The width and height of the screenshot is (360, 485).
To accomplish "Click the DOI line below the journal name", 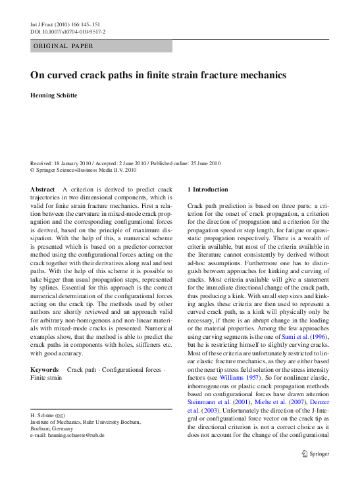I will (68, 32).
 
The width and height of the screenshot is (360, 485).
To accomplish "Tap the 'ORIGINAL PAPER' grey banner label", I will (63, 46).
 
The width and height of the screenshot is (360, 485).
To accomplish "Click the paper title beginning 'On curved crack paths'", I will (158, 75).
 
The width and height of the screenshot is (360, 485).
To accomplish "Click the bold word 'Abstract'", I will (43, 190).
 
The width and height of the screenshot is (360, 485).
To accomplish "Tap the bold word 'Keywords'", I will (45, 370).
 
